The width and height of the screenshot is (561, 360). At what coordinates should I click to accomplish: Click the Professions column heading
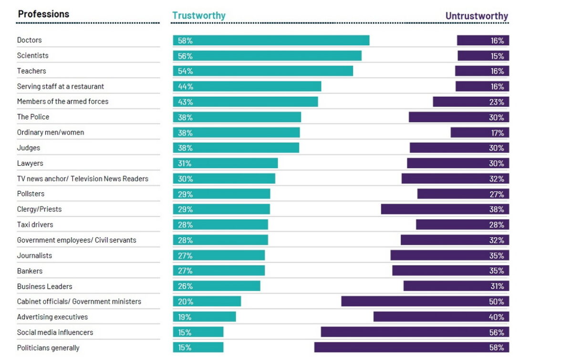[43, 14]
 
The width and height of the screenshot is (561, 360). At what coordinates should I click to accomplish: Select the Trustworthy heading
[198, 15]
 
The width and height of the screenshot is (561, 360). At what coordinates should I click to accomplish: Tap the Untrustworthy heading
[477, 16]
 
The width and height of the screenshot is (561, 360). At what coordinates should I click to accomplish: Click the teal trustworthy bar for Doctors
[271, 41]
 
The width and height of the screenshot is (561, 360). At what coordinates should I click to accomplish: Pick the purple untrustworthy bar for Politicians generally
[411, 348]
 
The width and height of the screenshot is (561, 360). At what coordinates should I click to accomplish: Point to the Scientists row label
[32, 55]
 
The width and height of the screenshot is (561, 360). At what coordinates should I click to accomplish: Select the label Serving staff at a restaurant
[60, 86]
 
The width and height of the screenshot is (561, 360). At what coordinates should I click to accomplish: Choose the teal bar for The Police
[237, 117]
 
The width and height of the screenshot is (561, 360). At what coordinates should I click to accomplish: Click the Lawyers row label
[30, 163]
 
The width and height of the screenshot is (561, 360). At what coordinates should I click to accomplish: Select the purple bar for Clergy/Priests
[445, 209]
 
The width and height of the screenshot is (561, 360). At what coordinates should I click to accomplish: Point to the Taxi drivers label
[35, 224]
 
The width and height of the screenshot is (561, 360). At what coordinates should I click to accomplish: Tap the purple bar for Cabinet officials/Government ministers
[425, 301]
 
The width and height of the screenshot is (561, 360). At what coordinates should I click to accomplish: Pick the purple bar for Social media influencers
[415, 332]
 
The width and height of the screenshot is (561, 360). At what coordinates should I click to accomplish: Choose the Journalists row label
[34, 255]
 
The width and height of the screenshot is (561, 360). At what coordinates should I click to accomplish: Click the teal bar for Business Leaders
[217, 286]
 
